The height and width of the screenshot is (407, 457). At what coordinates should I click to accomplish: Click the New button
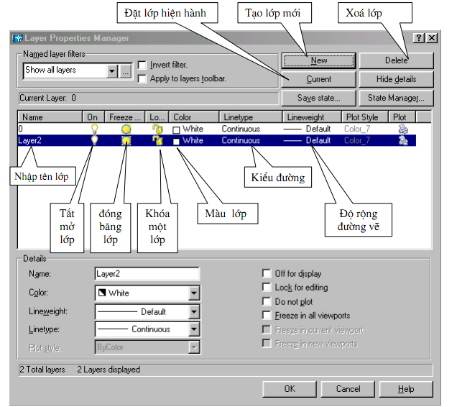pos(319,61)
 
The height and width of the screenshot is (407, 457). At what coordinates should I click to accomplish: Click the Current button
pos(319,79)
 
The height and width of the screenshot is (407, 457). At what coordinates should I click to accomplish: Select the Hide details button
pos(396,79)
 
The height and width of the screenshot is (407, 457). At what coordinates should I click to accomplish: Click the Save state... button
pos(319,97)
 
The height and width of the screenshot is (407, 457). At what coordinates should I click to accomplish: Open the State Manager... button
pos(396,97)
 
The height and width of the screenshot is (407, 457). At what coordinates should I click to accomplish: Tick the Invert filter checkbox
pos(142,65)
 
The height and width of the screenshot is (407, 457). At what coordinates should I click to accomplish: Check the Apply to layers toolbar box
pos(142,78)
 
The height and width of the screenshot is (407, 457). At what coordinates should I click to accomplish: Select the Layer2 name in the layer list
pos(29,141)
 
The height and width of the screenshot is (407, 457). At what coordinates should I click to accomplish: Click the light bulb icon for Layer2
pos(93,141)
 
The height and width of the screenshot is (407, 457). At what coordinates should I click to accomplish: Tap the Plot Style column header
pos(362,116)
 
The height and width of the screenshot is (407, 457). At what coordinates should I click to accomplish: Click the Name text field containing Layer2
pos(147,274)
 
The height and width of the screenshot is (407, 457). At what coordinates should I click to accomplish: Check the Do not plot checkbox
pos(268,302)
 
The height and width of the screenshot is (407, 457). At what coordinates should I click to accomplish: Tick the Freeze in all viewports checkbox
pos(268,316)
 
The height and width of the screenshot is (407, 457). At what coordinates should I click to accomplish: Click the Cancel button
pos(348,389)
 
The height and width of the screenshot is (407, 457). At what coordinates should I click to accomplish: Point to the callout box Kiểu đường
pos(278,176)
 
